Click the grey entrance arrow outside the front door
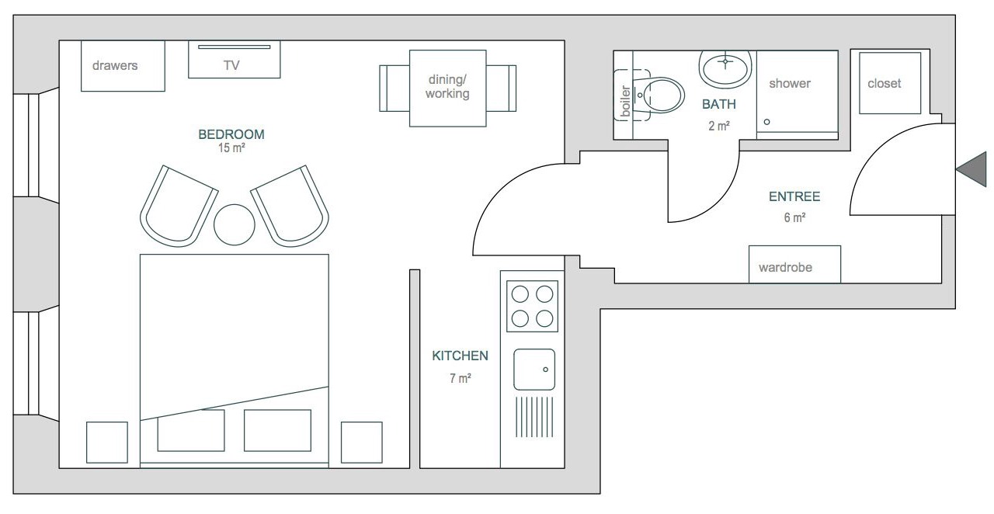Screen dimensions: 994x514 tap(974, 169)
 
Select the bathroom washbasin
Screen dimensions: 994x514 tap(725, 69)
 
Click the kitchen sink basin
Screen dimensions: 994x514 tap(534, 370)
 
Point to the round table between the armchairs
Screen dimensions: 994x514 tap(235, 224)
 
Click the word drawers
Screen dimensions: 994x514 tap(115, 66)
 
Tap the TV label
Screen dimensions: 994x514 tap(231, 66)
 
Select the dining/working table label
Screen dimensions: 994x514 tap(447, 86)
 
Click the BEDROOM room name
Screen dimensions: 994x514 tap(231, 134)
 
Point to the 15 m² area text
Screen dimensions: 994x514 tap(231, 148)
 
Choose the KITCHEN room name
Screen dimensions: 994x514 tap(461, 356)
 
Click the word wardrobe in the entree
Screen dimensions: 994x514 tap(785, 267)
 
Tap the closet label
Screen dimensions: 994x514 tap(885, 83)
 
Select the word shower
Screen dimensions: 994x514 tap(790, 83)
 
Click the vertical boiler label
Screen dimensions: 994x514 tap(625, 101)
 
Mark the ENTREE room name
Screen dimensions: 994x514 tap(794, 196)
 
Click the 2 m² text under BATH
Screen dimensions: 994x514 tap(719, 126)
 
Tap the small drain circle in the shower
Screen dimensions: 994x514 tap(766, 122)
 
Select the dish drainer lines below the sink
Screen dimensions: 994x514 tap(534, 417)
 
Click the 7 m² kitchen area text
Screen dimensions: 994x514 tap(461, 378)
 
